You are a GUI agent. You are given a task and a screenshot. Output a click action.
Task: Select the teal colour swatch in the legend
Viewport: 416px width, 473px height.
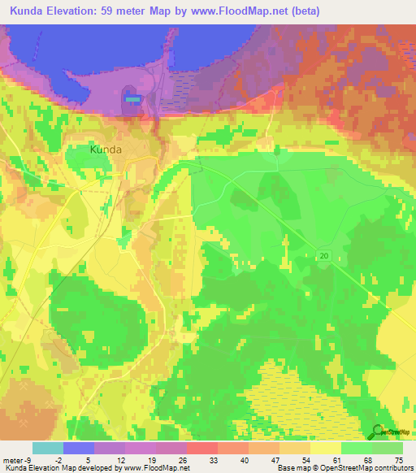click(48, 448)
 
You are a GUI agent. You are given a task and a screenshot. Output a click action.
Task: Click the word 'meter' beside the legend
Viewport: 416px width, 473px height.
click(14, 460)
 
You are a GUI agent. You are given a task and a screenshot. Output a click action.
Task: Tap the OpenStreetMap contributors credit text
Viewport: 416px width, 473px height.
click(370, 468)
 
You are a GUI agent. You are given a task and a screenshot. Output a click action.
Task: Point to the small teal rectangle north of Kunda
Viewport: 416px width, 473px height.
click(132, 98)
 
